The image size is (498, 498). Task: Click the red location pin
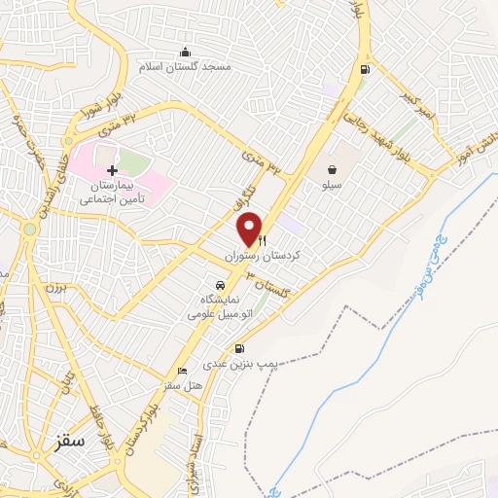250,229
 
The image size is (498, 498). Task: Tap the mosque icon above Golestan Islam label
185,52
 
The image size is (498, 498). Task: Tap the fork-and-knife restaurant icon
263,241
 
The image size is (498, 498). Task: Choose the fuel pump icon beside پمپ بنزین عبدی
239,349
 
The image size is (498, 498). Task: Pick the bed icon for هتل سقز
182,372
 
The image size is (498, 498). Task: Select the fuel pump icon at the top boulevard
364,69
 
